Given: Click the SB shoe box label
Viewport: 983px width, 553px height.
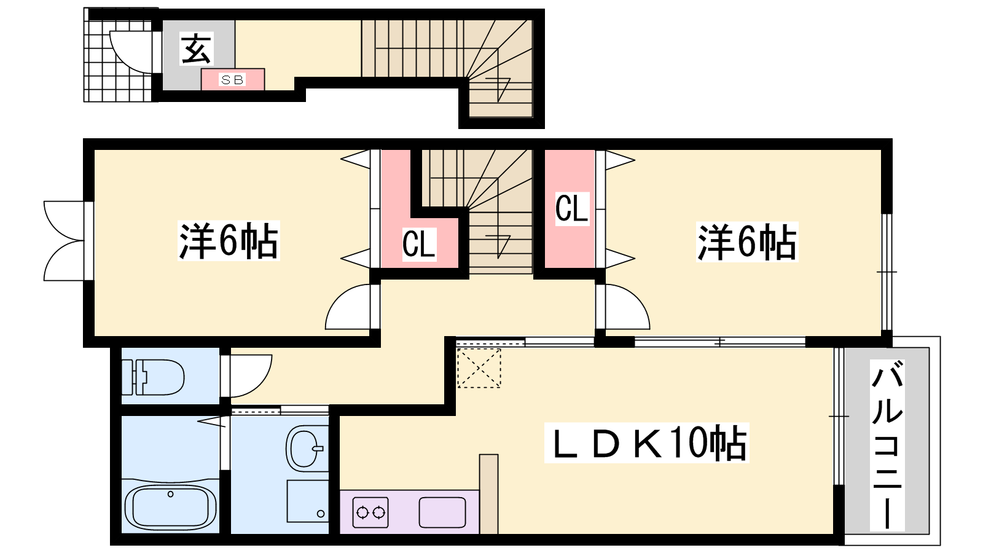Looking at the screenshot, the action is (x=233, y=80).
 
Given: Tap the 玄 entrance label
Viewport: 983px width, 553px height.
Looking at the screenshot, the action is (x=197, y=49).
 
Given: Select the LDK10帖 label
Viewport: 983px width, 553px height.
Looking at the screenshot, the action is (x=647, y=442).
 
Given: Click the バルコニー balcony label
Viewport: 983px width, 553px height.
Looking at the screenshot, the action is (x=887, y=445).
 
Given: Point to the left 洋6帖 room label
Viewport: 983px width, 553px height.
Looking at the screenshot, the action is (x=229, y=241).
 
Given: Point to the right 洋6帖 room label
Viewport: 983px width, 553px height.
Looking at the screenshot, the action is (x=747, y=241).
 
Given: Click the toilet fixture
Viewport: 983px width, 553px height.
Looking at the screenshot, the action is (x=152, y=377).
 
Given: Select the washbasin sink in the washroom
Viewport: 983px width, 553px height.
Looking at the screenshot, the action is (x=306, y=449).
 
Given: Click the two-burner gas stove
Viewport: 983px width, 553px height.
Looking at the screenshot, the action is (x=371, y=512).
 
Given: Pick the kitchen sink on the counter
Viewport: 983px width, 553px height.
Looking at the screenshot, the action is (x=442, y=512).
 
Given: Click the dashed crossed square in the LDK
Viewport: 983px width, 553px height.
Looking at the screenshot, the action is (x=479, y=368).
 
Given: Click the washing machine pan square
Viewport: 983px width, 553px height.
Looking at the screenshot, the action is (x=308, y=501).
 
